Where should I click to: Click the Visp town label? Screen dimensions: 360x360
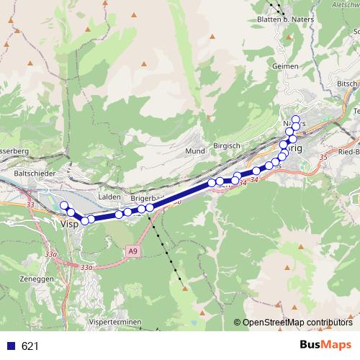69,224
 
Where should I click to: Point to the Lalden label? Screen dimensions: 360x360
110,195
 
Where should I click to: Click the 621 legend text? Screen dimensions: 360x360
30,346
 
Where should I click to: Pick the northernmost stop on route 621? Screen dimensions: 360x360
295,119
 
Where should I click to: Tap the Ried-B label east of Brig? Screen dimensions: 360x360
348,153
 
